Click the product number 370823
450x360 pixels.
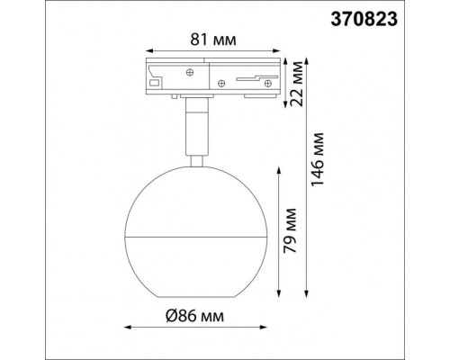(x=400, y=17)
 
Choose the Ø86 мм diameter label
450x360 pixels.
(x=194, y=317)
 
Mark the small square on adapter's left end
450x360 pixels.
(x=154, y=83)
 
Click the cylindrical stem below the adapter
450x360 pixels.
(x=193, y=126)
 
